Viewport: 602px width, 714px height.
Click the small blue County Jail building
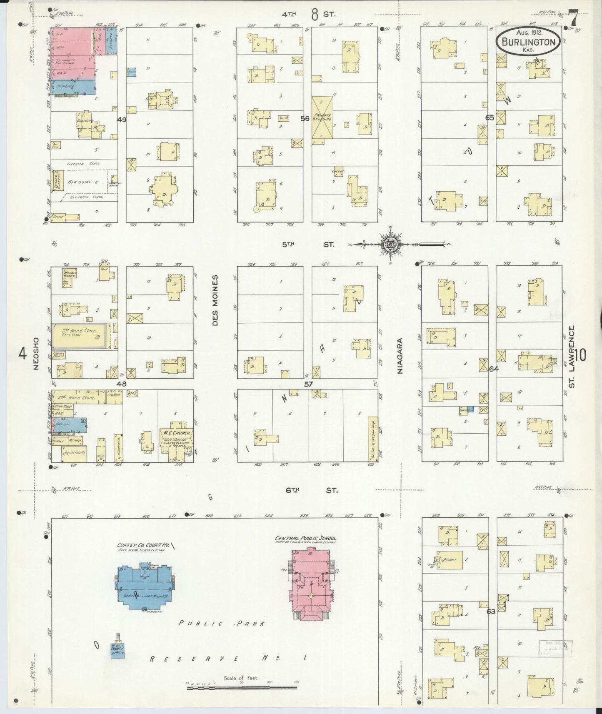click(x=117, y=650)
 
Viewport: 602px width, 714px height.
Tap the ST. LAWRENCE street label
click(x=572, y=357)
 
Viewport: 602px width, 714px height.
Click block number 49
click(x=122, y=120)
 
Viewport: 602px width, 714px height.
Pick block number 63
click(x=491, y=612)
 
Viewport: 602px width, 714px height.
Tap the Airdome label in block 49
click(x=85, y=182)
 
